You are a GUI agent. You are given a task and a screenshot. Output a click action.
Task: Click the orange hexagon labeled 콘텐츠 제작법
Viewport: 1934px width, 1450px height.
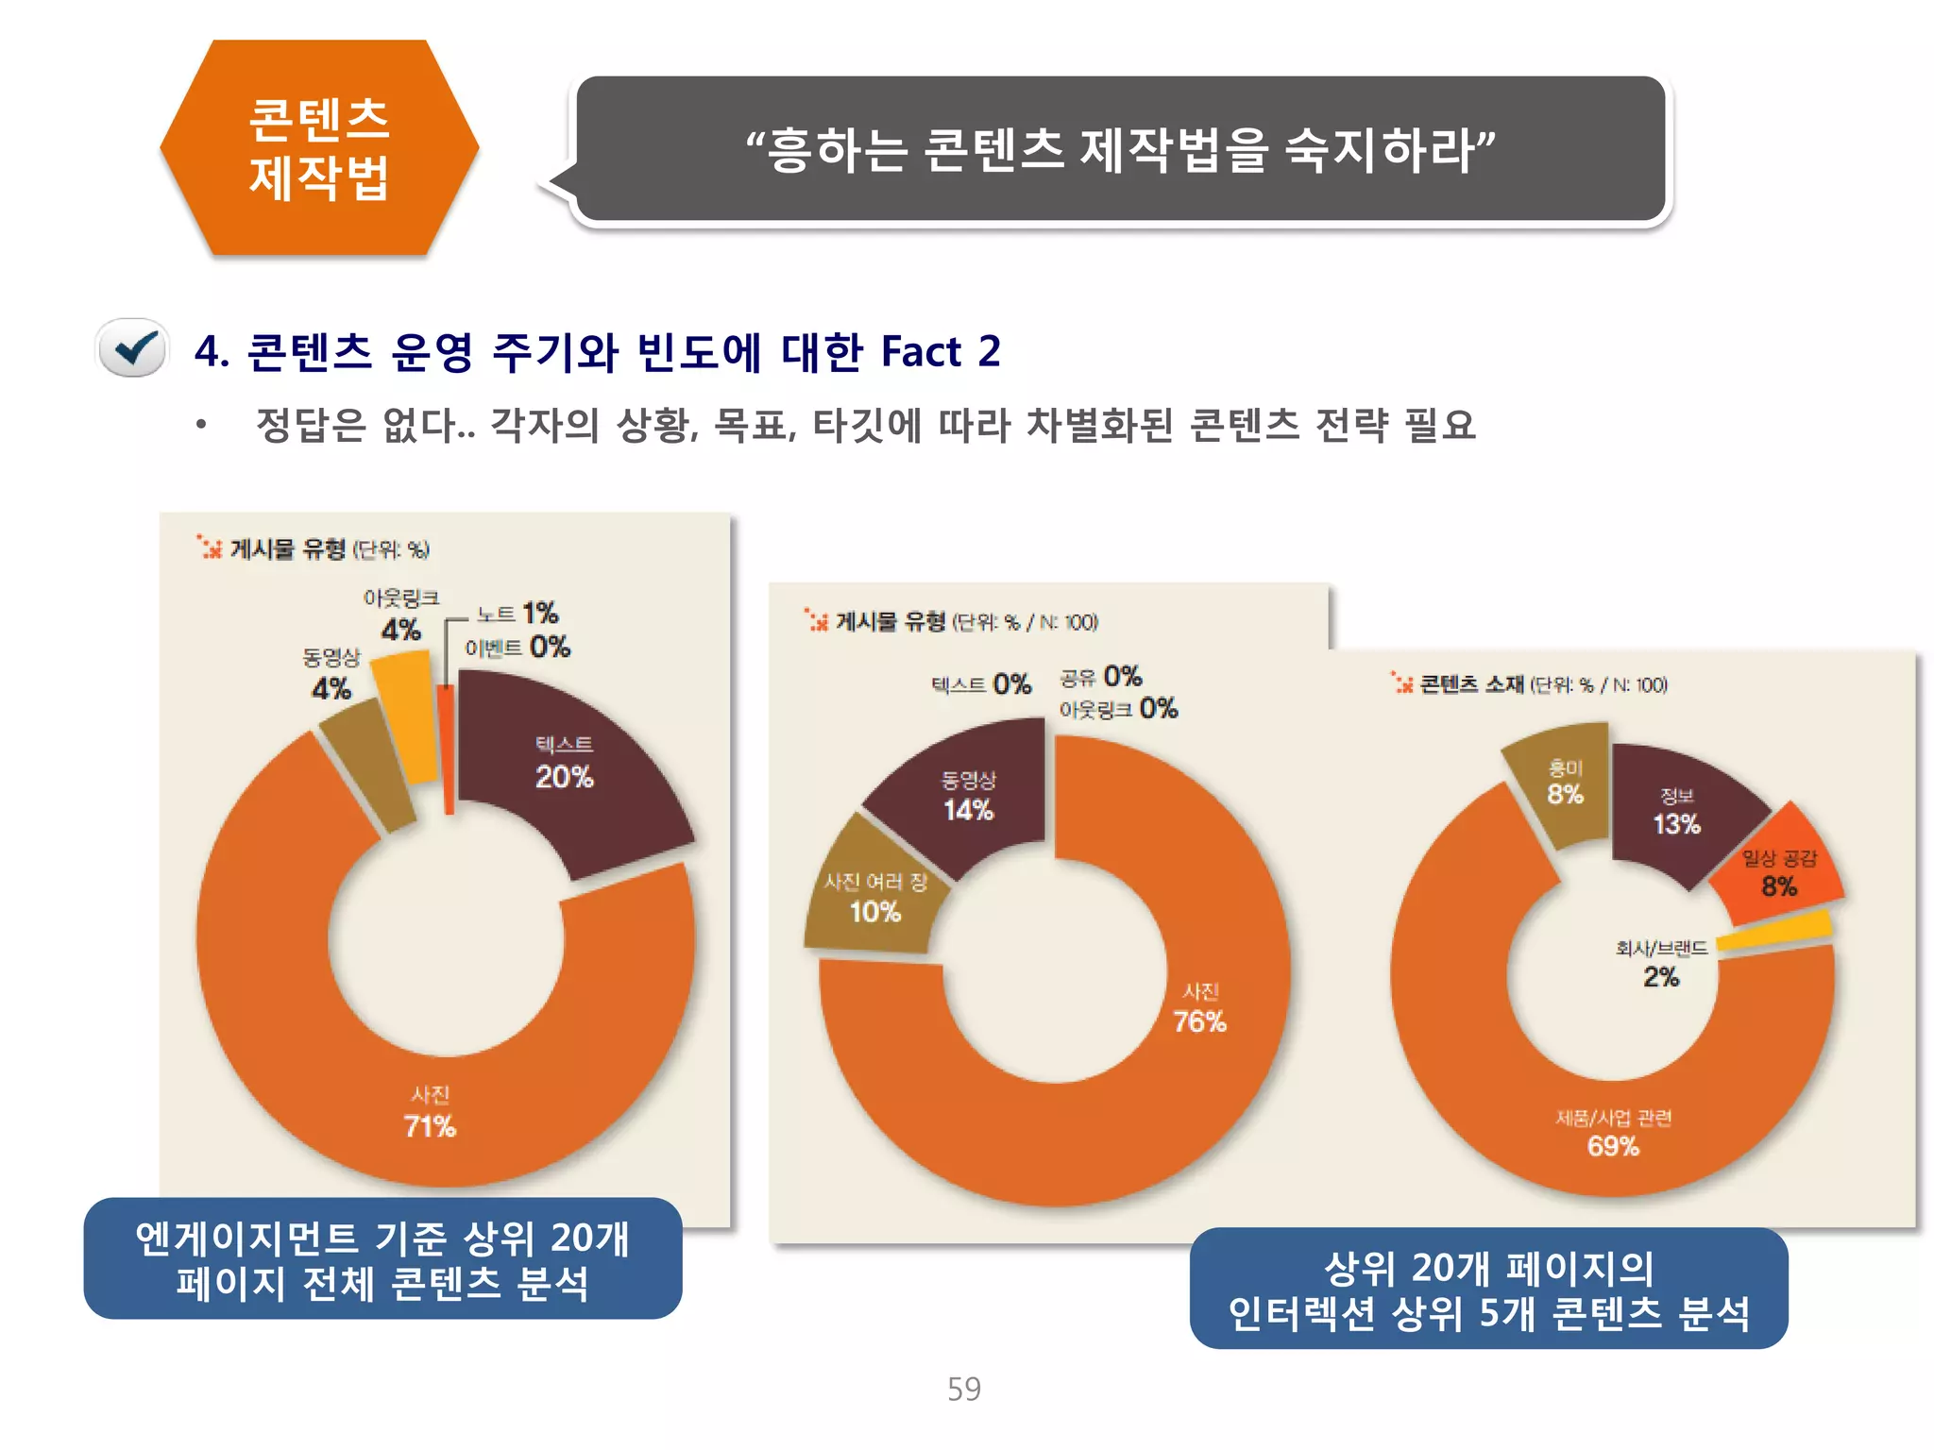tap(319, 148)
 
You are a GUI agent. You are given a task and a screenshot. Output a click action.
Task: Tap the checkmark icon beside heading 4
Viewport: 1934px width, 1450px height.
tap(134, 348)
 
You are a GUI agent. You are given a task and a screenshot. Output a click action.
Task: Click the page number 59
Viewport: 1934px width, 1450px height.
tap(964, 1389)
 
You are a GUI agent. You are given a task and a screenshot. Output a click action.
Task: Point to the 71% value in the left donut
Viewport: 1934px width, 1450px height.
tap(430, 1126)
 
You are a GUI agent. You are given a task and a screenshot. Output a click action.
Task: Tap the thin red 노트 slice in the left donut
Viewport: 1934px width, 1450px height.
tap(447, 746)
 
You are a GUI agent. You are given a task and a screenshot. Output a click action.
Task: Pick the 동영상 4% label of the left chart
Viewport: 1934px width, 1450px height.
tap(331, 674)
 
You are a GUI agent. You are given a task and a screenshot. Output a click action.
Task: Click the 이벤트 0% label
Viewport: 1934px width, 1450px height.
tap(517, 647)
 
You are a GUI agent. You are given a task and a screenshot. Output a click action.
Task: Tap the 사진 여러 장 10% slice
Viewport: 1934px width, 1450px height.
tap(874, 897)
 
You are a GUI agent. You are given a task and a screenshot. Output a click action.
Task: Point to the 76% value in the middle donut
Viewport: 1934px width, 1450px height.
tap(1199, 1021)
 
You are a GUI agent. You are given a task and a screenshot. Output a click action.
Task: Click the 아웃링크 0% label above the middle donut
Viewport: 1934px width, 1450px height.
tap(1118, 709)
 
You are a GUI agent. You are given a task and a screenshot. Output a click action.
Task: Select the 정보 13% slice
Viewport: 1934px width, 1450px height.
tap(1676, 812)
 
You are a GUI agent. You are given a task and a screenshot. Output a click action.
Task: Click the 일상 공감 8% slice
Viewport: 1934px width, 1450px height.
tap(1779, 873)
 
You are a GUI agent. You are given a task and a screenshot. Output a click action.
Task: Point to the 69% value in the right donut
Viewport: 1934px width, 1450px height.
tap(1613, 1146)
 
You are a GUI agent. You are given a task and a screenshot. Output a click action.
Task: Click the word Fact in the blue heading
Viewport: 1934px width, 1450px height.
tap(920, 352)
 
